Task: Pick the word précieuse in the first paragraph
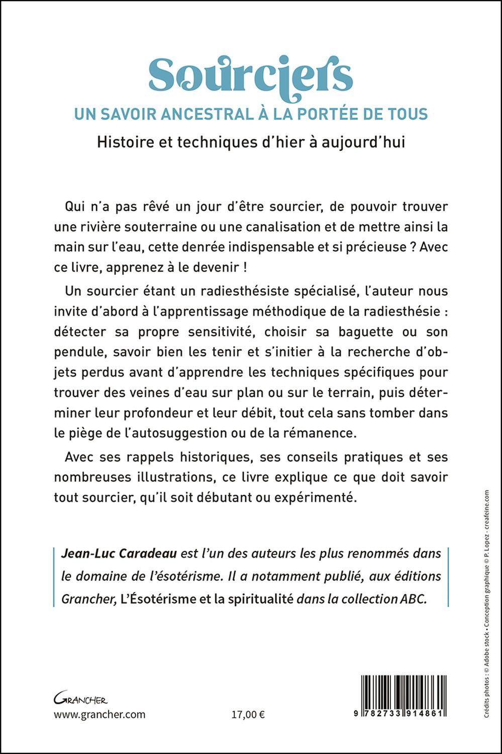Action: coord(374,247)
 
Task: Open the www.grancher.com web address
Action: coord(99,715)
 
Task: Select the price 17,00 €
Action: coord(248,715)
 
